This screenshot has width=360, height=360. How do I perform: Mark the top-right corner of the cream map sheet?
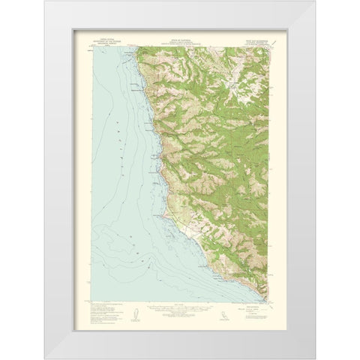[286, 30]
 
